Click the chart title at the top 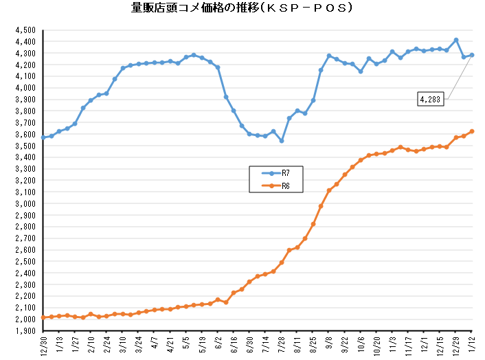242,8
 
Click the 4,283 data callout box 431,100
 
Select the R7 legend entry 275,174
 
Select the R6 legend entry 275,185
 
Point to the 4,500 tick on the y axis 24,30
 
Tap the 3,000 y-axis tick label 24,204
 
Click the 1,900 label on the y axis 24,331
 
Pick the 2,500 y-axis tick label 24,262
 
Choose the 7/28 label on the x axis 282,343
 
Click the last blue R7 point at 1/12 472,55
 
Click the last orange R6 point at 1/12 472,131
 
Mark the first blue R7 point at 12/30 43,137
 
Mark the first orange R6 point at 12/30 43,317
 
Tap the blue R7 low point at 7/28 282,141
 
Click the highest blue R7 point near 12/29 456,40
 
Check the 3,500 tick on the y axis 24,146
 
